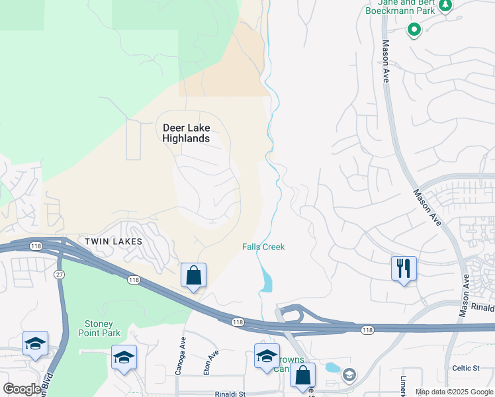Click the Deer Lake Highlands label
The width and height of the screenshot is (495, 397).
point(186,132)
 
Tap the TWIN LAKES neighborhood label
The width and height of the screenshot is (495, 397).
point(113,242)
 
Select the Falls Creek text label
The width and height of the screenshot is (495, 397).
point(263,247)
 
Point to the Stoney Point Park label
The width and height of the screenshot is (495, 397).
point(103,328)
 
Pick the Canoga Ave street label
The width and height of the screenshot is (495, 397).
point(179,358)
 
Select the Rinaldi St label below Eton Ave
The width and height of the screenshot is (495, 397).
point(230,394)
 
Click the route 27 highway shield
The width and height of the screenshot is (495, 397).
point(59,275)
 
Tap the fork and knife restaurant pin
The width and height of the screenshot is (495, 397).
point(404,269)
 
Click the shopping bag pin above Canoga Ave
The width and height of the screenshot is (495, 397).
point(193,275)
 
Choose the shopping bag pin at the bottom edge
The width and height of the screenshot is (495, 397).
point(302,375)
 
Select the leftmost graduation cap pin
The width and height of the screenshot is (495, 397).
point(35,343)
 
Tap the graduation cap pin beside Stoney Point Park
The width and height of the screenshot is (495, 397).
point(124,357)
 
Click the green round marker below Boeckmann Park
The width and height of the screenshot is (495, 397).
point(414,29)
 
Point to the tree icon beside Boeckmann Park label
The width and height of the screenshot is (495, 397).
point(445,6)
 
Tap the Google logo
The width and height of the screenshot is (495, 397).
point(22,389)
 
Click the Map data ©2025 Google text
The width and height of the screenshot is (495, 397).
point(454,392)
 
